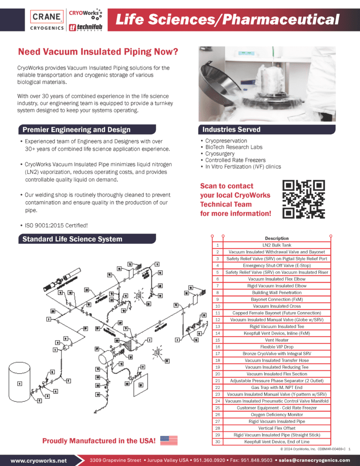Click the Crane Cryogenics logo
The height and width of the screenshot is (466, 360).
[47, 20]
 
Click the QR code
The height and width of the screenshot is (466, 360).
[304, 199]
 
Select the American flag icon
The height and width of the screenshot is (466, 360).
[169, 441]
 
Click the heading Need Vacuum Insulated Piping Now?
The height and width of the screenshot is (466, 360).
[97, 52]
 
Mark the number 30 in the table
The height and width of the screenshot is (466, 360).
[218, 442]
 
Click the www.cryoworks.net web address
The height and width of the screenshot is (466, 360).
[39, 460]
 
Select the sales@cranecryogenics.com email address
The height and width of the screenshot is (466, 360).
[314, 460]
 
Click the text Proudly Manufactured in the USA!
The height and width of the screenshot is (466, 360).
[99, 441]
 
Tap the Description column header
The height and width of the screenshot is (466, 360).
[276, 238]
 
